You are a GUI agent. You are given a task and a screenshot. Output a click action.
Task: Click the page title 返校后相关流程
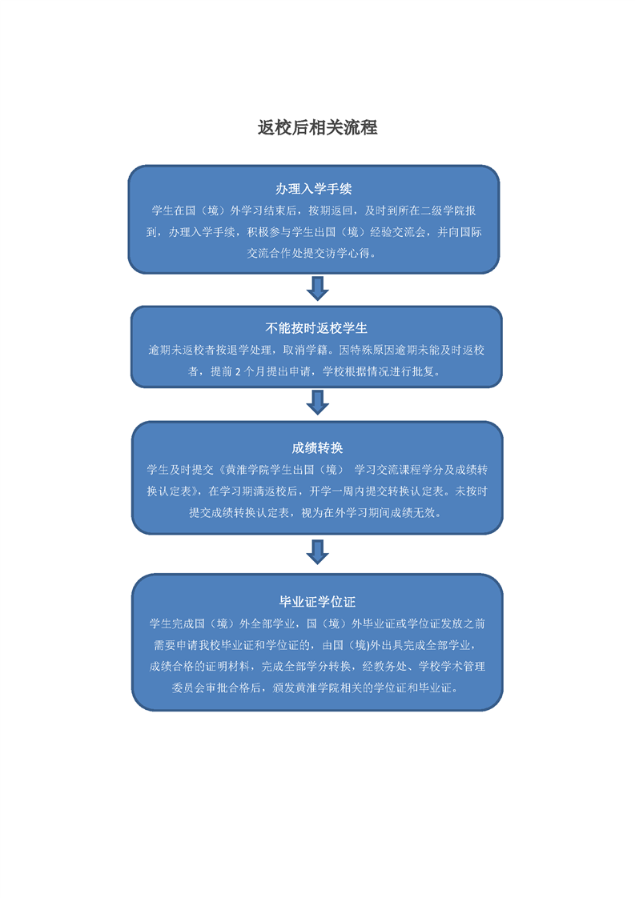(317, 127)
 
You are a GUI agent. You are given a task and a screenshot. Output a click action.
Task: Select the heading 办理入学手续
(313, 188)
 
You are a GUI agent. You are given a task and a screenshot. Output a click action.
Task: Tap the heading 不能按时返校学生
(316, 328)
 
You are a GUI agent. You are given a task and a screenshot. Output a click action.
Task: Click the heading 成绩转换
(317, 448)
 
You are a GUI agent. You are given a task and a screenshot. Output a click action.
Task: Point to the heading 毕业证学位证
(317, 601)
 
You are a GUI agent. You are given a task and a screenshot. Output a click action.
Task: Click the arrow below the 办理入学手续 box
(317, 289)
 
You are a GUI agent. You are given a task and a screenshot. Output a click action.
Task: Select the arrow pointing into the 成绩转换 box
(317, 403)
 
